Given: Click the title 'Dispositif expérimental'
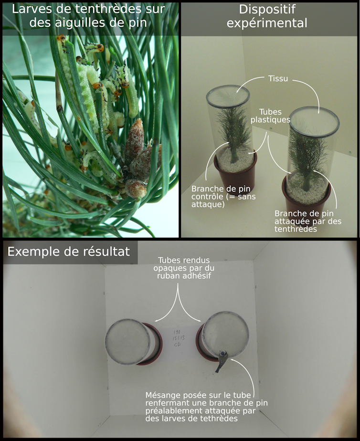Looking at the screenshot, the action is point(267,16).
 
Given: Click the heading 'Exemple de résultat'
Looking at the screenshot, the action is point(69,252).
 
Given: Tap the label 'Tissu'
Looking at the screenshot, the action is point(278,78).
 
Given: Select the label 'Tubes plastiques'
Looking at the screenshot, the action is point(270,115).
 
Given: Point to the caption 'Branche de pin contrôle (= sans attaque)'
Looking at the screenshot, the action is point(223,196).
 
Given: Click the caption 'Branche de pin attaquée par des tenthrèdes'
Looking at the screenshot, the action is point(308,221).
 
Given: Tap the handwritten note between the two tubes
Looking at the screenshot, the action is point(178,338).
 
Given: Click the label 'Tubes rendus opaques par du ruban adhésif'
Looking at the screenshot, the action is point(184,268).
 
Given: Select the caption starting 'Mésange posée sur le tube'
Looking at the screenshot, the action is point(206,407).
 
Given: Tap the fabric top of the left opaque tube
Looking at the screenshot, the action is point(127,342).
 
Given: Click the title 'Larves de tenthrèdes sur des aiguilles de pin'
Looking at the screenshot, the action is point(88,16).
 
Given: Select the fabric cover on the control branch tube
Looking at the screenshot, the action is point(228,95).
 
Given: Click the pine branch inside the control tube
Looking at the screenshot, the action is point(234,132).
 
